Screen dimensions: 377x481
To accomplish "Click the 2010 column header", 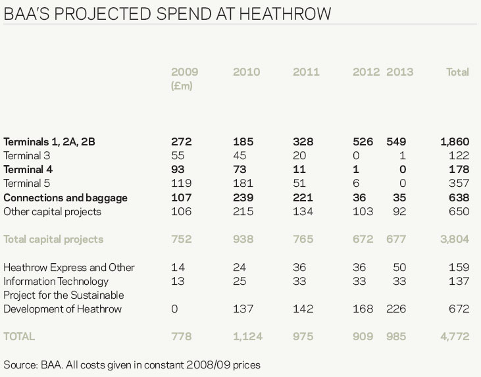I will [246, 72].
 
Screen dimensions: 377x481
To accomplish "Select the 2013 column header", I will [399, 72].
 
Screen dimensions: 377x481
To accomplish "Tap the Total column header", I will [457, 72].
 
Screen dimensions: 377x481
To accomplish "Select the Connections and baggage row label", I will [65, 197].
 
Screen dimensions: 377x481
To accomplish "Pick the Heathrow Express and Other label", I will [69, 268].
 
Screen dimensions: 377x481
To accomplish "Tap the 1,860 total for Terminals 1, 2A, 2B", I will [455, 141].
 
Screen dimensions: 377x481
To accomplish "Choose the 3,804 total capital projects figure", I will [454, 239].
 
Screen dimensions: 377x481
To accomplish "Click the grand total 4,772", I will [454, 336].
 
